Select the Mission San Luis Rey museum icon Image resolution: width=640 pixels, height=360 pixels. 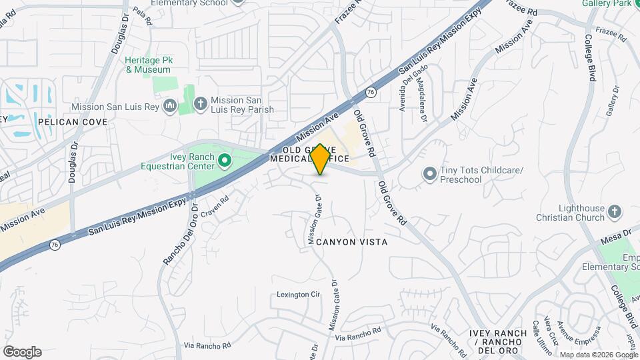click(169, 106)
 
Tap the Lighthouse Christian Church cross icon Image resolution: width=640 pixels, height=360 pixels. click(614, 213)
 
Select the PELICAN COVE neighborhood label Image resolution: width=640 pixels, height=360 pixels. click(68, 122)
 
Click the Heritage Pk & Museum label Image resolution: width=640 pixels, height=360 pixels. click(149, 65)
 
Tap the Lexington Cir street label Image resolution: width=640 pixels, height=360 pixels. click(299, 294)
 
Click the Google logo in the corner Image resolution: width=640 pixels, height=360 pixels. click(22, 352)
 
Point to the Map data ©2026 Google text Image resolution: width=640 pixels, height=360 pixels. click(598, 355)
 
